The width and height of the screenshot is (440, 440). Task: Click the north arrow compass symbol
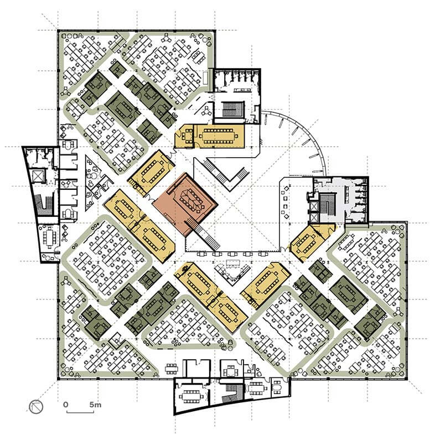(36, 406)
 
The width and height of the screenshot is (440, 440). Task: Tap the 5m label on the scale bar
(95, 405)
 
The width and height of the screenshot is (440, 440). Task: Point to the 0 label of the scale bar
(66, 405)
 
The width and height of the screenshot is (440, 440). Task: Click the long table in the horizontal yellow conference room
(219, 136)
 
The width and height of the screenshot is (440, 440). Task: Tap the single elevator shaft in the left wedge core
(37, 176)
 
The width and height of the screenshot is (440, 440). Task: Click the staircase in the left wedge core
(43, 205)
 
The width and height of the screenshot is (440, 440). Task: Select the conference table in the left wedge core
(50, 237)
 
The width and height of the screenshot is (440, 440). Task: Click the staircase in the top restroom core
(232, 110)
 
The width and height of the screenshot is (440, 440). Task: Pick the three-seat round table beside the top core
(207, 111)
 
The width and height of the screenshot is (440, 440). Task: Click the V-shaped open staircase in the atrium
(226, 173)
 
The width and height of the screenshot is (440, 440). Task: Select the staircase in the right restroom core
(327, 203)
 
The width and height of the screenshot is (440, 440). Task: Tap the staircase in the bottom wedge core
(232, 394)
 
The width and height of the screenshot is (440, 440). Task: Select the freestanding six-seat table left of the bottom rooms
(171, 368)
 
